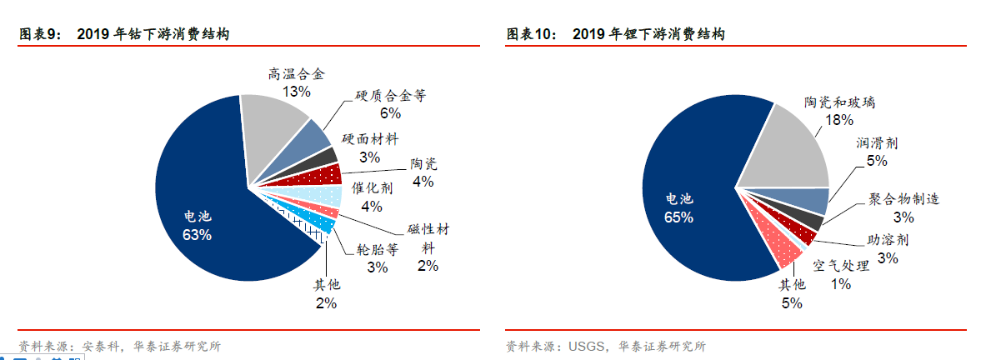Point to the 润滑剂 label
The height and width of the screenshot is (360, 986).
[877, 143]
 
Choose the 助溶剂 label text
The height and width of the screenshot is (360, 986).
[888, 240]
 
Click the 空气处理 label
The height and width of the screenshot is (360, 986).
[841, 265]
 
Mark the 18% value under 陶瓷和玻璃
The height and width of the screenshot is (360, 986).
[840, 120]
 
